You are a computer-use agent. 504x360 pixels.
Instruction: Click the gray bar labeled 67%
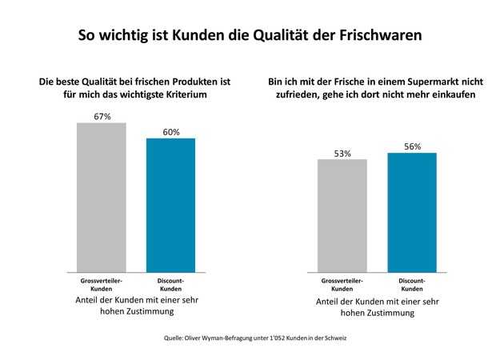pyautogui.click(x=102, y=198)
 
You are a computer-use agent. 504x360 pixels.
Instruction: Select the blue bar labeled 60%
pyautogui.click(x=170, y=206)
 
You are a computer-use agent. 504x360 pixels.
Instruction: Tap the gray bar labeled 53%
pyautogui.click(x=342, y=216)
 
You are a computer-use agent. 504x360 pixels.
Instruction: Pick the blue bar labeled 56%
pyautogui.click(x=412, y=213)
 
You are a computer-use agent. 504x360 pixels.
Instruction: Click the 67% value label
pyautogui.click(x=102, y=116)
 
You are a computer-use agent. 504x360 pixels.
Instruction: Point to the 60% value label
pyautogui.click(x=171, y=132)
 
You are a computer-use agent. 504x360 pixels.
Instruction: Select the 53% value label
pyautogui.click(x=342, y=154)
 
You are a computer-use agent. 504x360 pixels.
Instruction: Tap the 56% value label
pyautogui.click(x=412, y=146)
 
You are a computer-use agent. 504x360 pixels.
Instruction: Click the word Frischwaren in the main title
pyautogui.click(x=381, y=35)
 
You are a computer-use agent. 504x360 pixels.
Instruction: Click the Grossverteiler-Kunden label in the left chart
pyautogui.click(x=102, y=285)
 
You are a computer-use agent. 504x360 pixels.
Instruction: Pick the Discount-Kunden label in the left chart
pyautogui.click(x=170, y=285)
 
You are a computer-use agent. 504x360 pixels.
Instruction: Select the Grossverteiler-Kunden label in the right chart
pyautogui.click(x=342, y=285)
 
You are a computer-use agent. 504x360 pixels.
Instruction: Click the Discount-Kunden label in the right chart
pyautogui.click(x=412, y=285)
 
